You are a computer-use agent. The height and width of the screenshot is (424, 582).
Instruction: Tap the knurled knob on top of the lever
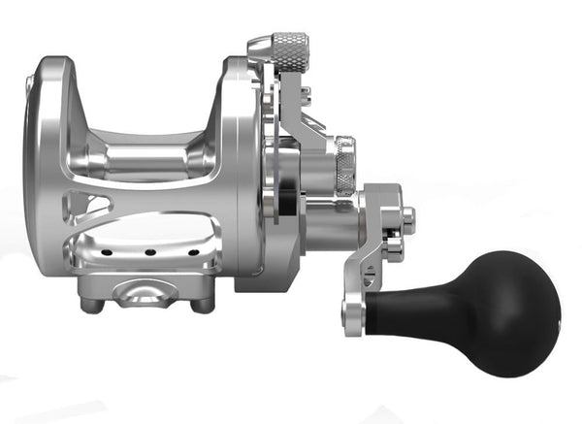point(288,45)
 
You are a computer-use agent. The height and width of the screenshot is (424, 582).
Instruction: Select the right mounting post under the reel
point(202,305)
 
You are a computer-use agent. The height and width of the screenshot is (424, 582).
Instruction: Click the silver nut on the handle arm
point(406,221)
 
